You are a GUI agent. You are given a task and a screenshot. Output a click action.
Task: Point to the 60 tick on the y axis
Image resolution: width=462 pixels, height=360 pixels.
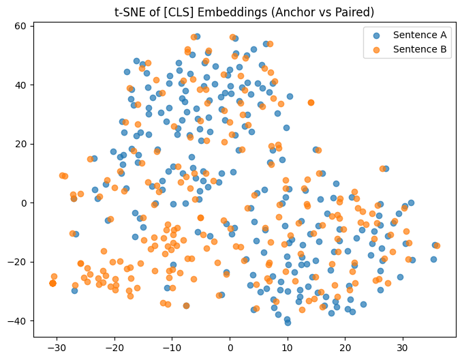tap(21, 26)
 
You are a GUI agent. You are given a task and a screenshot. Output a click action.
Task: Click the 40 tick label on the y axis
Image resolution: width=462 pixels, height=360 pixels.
tap(21, 85)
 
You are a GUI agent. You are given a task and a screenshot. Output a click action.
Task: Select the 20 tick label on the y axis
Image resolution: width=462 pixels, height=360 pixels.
tap(21, 144)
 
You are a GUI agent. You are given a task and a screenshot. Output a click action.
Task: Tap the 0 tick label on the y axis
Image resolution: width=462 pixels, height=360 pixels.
tap(24, 203)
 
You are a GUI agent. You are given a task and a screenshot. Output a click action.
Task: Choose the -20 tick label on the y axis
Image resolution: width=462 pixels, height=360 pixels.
tap(18, 262)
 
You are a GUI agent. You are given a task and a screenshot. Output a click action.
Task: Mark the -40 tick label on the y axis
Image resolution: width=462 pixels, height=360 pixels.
tap(18, 321)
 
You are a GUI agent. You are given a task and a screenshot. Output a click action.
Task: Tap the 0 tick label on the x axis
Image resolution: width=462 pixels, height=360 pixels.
tap(230, 348)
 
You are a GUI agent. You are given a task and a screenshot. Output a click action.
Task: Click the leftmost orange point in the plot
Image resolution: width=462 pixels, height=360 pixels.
tap(52, 283)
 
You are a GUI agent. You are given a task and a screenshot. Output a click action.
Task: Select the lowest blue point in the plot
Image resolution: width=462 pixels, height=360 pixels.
tap(288, 322)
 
